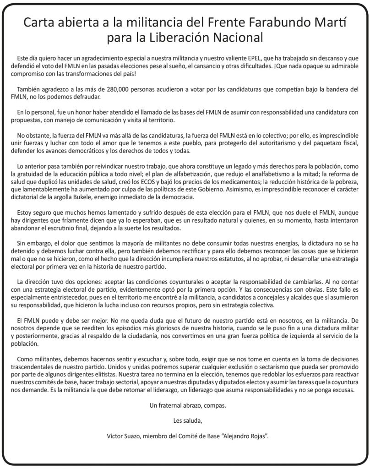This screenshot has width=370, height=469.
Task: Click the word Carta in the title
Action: (x=40, y=22)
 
